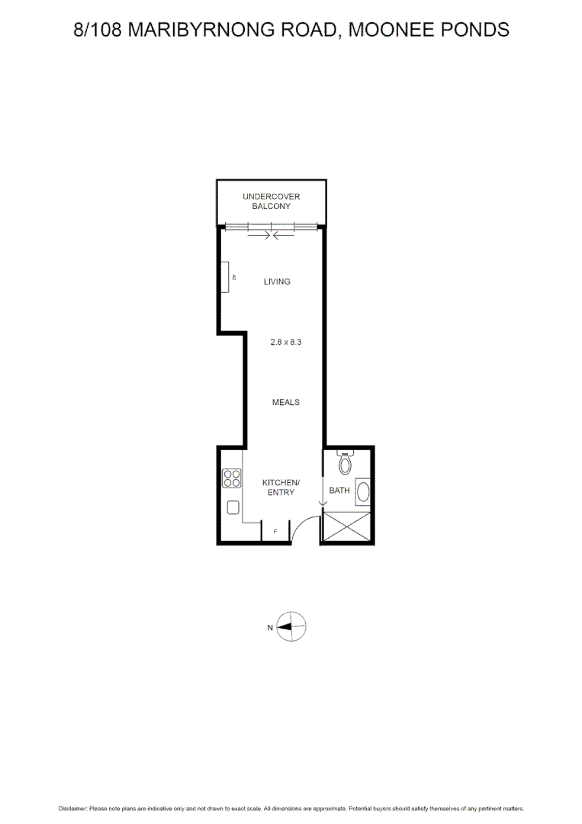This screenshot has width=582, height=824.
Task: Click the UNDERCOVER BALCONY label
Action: pos(271,201)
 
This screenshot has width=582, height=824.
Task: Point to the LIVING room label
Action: pos(277,282)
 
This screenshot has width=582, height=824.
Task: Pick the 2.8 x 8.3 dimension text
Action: pos(286,343)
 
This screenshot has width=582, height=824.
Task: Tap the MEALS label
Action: pos(286,402)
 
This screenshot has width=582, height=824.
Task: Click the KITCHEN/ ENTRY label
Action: pos(281,488)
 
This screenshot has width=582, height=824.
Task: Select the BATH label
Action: pos(339,491)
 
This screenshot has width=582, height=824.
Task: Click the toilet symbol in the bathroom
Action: pos(346,462)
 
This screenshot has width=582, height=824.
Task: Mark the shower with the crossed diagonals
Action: pos(347,526)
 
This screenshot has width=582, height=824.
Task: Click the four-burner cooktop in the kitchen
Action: pos(232,478)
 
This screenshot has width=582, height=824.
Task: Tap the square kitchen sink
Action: pos(233,507)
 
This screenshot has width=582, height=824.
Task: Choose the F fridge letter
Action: pos(275,531)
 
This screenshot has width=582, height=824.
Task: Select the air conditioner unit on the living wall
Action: pos(227,277)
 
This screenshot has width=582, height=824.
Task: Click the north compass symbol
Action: pos(291,628)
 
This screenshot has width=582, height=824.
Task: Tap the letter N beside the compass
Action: pos(269,629)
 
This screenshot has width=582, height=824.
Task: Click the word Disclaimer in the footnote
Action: pos(72,808)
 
